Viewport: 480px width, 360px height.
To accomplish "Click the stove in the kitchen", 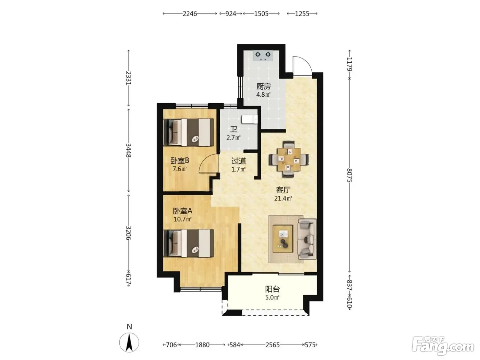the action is click(263, 56).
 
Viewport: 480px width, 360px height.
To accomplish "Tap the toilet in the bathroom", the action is click(249, 120).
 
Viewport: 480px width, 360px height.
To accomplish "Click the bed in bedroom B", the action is click(189, 132).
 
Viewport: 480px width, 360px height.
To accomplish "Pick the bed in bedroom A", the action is click(189, 243).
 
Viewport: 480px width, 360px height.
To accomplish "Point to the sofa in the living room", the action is click(307, 239).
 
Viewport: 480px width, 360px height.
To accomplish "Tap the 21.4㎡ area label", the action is click(283, 199).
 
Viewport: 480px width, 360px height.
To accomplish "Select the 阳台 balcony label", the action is click(272, 289).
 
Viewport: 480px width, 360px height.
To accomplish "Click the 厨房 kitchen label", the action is click(264, 86).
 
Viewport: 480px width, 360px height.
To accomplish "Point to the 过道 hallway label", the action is click(239, 161).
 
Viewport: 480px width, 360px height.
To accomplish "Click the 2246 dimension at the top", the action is click(190, 14).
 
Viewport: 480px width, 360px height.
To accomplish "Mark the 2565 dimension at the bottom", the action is click(273, 345).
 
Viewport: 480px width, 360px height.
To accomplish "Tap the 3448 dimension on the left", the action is click(129, 151).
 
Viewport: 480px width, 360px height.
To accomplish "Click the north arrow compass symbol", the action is click(129, 342).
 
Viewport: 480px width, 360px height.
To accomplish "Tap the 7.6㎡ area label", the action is click(180, 169).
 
